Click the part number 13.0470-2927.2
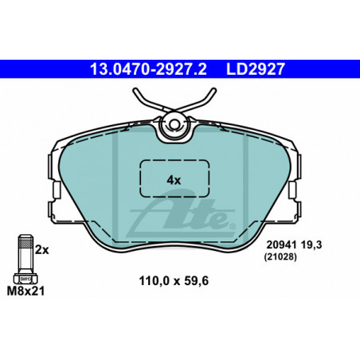point(148,69)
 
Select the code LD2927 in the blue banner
point(256,69)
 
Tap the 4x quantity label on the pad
point(174,180)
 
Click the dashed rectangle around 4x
point(174,160)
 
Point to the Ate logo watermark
point(181,215)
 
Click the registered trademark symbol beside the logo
point(233,226)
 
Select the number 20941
point(281,245)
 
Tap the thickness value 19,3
point(311,245)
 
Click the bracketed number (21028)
point(280,257)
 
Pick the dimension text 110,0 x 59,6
point(174,281)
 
